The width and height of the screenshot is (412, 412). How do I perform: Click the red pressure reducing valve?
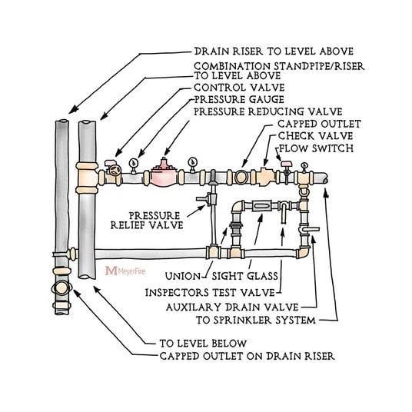click(x=163, y=174)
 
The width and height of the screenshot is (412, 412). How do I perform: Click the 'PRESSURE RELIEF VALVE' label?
click(x=156, y=221)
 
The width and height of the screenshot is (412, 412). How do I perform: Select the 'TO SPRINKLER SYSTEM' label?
click(x=249, y=319)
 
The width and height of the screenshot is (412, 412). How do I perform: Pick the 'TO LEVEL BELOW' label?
click(x=203, y=343)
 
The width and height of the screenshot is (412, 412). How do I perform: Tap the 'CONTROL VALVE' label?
click(x=231, y=88)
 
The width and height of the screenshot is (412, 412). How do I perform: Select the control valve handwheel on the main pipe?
click(x=114, y=171)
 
